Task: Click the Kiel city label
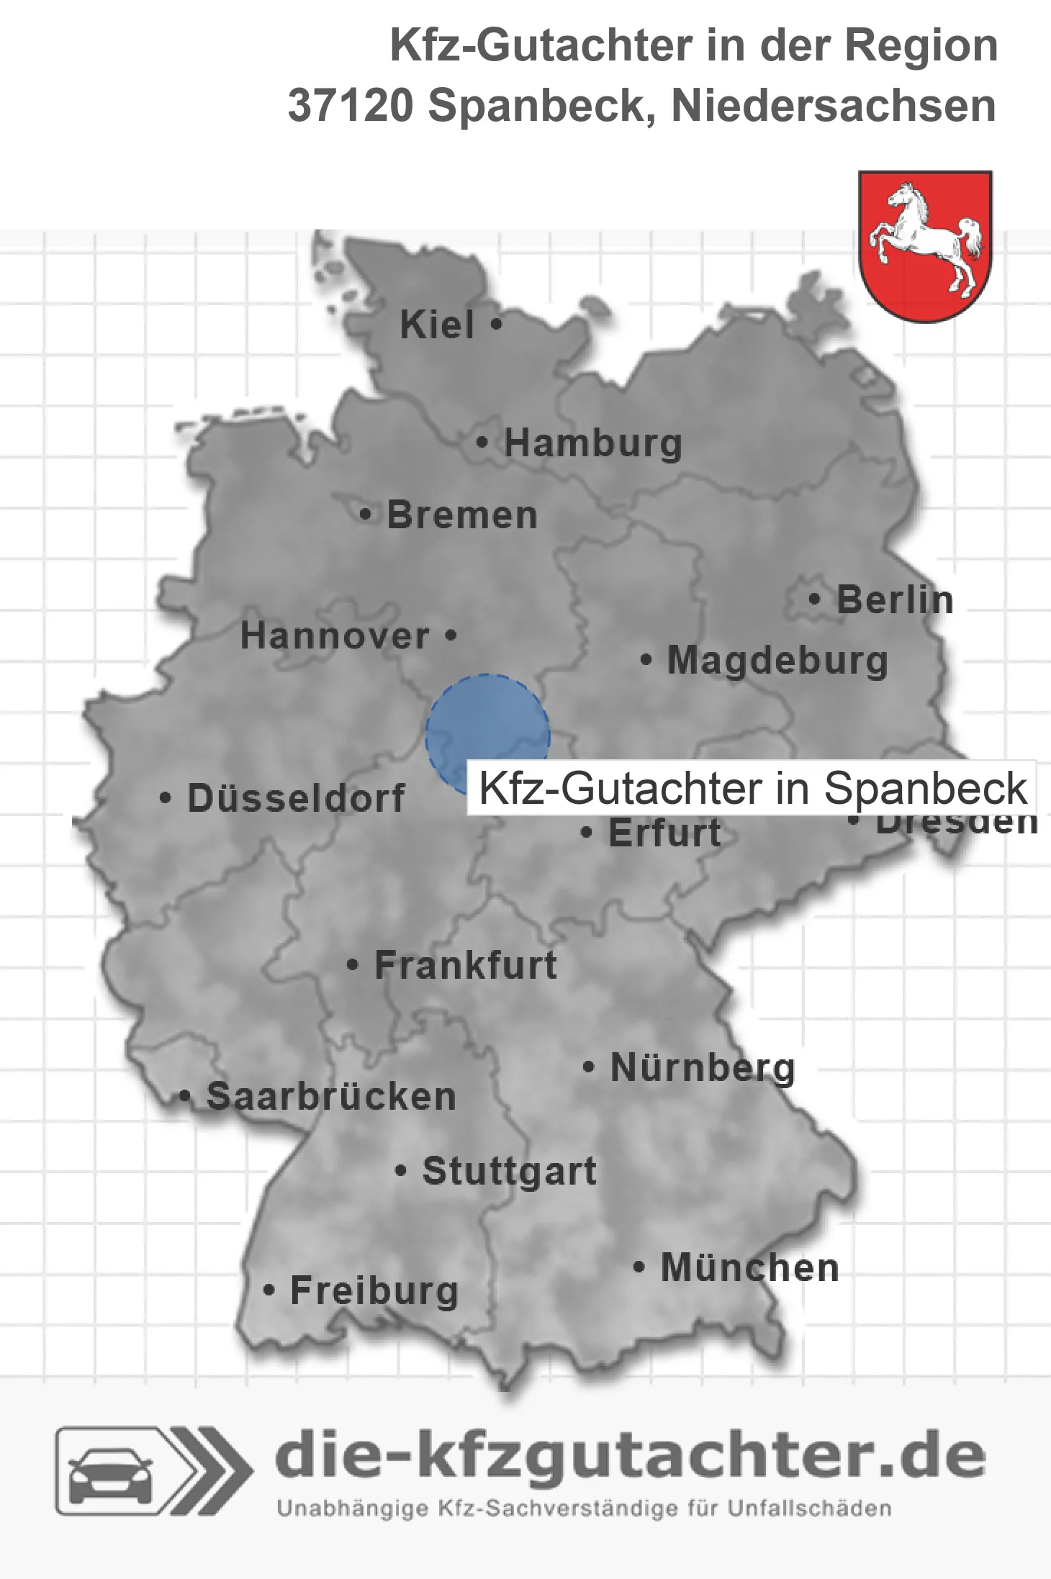(437, 325)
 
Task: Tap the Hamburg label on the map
(592, 443)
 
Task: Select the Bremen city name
(462, 515)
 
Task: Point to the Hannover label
(335, 636)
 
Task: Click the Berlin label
(895, 600)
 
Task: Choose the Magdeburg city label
(777, 661)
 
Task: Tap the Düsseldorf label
(296, 798)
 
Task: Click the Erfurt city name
(664, 833)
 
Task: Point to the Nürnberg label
(703, 1068)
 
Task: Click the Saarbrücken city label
(331, 1097)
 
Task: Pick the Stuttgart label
(509, 1171)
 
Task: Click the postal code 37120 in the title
(351, 106)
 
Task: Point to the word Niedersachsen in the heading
(834, 106)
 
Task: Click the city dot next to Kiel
(496, 324)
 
